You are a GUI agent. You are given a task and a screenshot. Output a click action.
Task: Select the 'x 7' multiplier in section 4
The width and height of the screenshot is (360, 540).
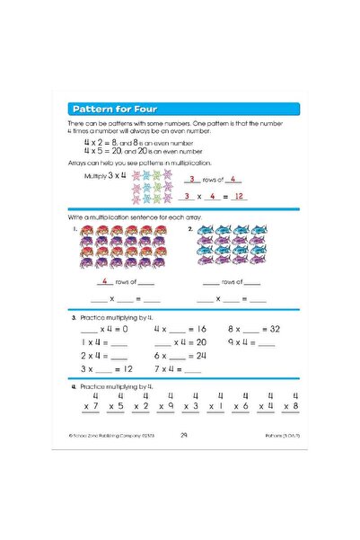click(91, 405)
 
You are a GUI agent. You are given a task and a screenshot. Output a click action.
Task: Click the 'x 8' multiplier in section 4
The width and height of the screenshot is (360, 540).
click(290, 405)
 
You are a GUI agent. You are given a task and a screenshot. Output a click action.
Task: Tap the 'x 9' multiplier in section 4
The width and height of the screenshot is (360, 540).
click(165, 405)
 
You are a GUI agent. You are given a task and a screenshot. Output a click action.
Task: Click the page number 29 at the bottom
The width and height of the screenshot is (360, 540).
click(183, 436)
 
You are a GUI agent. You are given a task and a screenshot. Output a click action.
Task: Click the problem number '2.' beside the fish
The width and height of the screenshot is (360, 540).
click(190, 228)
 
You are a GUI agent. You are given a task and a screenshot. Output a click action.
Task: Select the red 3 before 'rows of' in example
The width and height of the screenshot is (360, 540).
click(191, 180)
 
